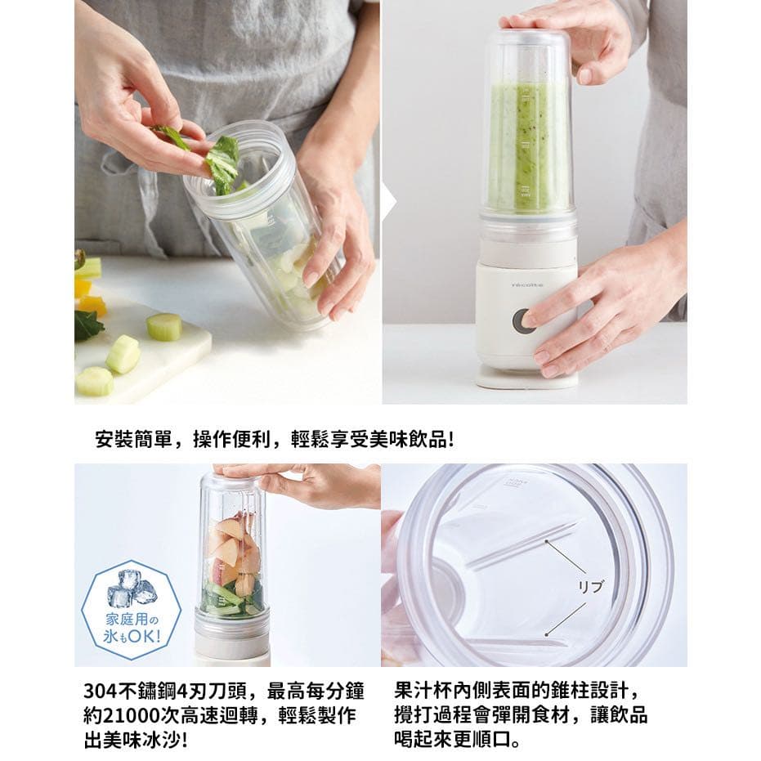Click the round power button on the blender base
click(524, 320)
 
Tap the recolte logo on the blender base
click(527, 285)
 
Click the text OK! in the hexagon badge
click(144, 635)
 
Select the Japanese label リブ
click(590, 587)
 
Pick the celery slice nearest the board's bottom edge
click(95, 381)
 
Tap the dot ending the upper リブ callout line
click(547, 540)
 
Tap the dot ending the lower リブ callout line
click(547, 634)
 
